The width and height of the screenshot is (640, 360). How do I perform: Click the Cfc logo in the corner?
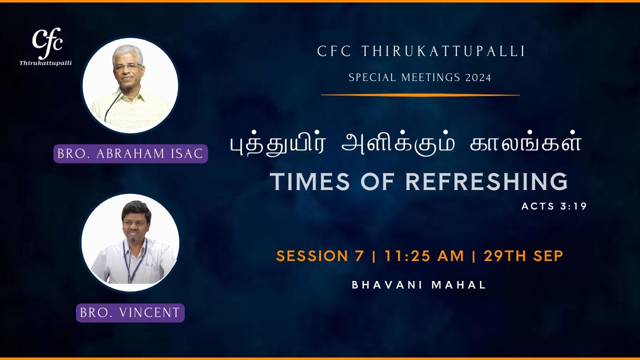[x=46, y=41]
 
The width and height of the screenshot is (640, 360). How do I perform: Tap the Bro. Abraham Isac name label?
[x=130, y=153]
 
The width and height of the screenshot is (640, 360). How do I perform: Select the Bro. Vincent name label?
[x=130, y=313]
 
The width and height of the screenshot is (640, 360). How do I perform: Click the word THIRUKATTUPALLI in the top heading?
[x=442, y=51]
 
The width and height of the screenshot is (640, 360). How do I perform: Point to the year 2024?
[x=478, y=78]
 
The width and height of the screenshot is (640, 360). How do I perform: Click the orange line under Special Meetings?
[x=420, y=94]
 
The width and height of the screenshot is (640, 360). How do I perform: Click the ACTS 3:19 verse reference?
[x=553, y=206]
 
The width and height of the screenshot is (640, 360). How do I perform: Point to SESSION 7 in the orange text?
[x=320, y=256]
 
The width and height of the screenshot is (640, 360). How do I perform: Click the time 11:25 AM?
[x=424, y=256]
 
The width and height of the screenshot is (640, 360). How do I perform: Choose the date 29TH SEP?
[x=523, y=256]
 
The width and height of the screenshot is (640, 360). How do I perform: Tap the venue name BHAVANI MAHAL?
[x=419, y=285]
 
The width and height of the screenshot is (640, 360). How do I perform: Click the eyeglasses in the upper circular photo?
[x=127, y=66]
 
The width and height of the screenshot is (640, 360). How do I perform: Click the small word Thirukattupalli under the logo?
[x=45, y=63]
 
